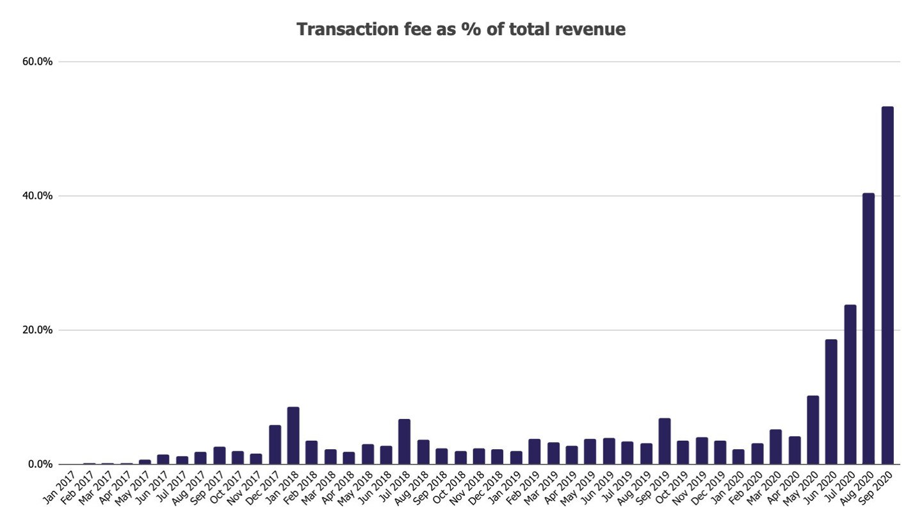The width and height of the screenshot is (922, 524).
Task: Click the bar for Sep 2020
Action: tap(887, 285)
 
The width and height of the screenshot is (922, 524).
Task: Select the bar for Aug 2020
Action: tap(868, 329)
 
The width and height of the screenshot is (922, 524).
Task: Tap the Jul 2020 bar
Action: tap(850, 385)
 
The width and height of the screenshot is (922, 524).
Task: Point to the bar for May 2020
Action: tap(813, 430)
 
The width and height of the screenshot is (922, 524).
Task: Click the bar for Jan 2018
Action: tap(293, 436)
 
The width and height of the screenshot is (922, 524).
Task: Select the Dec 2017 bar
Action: tap(275, 445)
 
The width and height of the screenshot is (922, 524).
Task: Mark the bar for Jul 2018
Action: tap(404, 441)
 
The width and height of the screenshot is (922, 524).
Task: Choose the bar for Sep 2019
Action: tap(665, 441)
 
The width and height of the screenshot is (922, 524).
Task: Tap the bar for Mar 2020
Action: tap(775, 447)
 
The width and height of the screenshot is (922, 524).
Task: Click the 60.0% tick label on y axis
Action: tap(36, 61)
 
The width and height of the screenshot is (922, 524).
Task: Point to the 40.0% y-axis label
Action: tap(36, 196)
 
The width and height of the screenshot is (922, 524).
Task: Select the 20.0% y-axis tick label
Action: tap(36, 330)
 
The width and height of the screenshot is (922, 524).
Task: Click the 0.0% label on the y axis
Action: tap(39, 464)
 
